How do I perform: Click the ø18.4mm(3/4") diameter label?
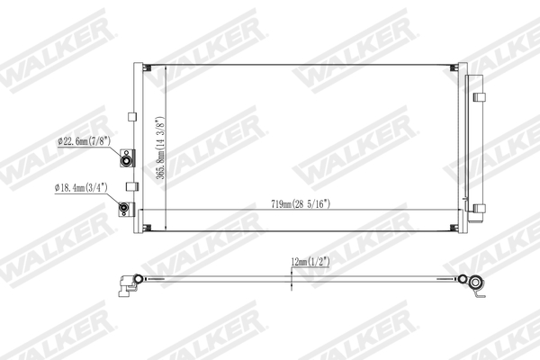point(82,188)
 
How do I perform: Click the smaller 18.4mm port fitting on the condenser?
point(126,211)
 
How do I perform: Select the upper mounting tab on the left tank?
point(131,116)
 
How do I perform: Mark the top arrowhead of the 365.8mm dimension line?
point(167,68)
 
